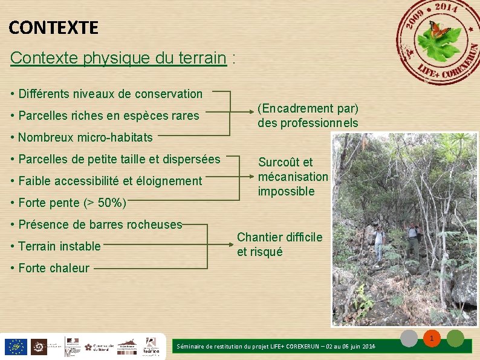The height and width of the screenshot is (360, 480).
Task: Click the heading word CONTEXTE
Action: (x=53, y=27)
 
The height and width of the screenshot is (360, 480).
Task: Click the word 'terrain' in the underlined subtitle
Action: (x=203, y=58)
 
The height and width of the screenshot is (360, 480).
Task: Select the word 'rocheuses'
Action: (x=155, y=224)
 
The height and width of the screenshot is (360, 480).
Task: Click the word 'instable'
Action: (x=80, y=246)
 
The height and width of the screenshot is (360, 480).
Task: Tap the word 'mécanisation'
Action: (x=293, y=177)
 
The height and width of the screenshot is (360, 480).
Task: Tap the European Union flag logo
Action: (x=15, y=347)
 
